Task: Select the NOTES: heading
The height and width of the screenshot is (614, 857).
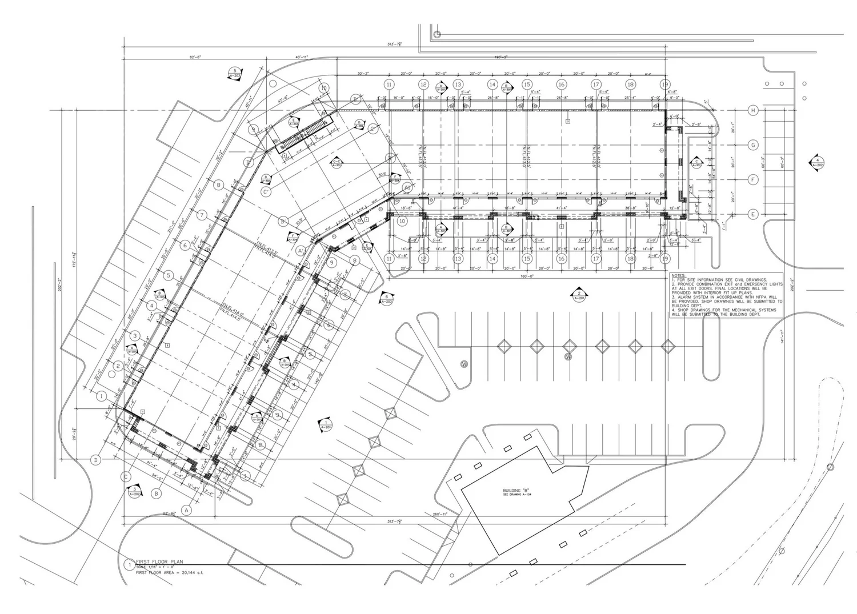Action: point(679,275)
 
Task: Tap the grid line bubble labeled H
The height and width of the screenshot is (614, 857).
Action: point(753,110)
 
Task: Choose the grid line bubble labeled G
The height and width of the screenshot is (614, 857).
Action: point(753,145)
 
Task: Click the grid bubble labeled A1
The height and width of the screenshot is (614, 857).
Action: point(407,187)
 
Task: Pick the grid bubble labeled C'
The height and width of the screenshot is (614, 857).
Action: point(266,192)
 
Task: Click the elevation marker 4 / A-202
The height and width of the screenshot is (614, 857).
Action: point(817,162)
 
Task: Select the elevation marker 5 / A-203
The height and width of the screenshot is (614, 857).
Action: point(235,73)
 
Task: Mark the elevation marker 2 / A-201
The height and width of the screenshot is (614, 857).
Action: point(579,295)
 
